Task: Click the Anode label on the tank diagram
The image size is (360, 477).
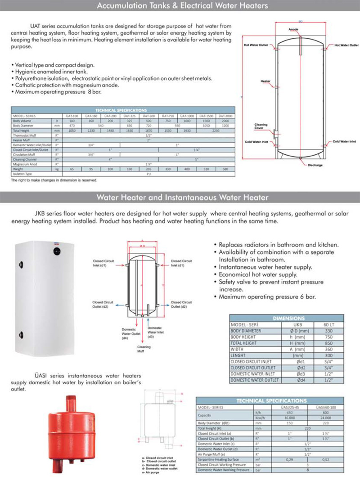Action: pos(293,30)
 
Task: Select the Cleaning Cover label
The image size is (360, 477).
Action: pos(261,127)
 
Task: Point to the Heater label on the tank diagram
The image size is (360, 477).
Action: pos(265,81)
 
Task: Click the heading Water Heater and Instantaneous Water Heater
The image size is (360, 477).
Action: pos(180,197)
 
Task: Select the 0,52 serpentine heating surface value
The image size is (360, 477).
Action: pos(327,460)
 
